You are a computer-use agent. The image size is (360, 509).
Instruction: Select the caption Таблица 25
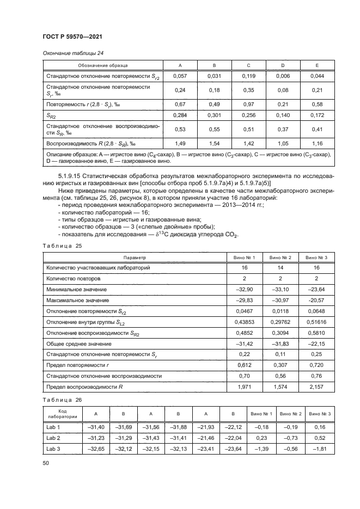[x=60, y=246]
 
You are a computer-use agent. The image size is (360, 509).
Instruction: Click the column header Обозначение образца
[x=103, y=65]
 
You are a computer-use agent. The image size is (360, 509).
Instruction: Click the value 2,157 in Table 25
[x=315, y=387]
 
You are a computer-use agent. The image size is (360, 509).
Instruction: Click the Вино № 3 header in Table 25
[x=315, y=257]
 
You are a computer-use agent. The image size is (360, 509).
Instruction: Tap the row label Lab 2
[x=53, y=437]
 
